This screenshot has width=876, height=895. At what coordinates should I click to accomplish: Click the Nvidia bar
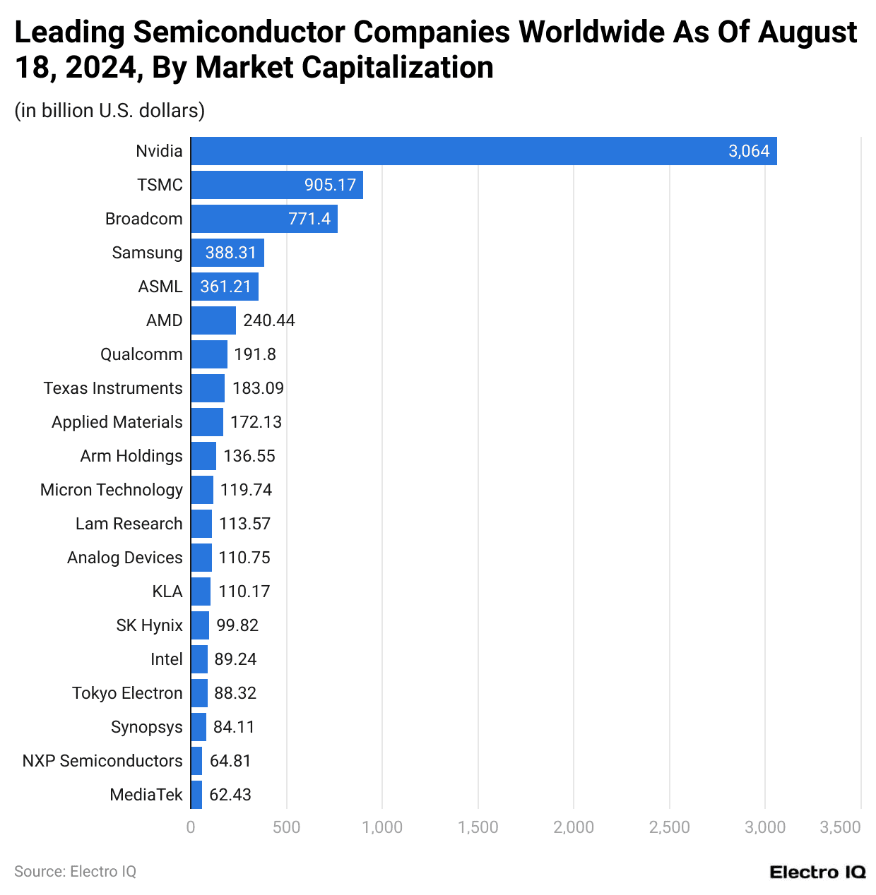483,151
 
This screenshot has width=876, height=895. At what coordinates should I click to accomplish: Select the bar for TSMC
276,185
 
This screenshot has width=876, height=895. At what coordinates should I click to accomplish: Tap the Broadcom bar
264,219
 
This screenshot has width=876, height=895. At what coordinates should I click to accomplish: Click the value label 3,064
748,151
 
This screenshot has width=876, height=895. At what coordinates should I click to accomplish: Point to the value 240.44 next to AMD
268,320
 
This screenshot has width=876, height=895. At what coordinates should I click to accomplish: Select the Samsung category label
147,253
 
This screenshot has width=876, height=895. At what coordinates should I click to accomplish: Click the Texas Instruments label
113,388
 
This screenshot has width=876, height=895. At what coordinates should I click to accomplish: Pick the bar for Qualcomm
209,354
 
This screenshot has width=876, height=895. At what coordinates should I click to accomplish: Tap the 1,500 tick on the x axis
478,827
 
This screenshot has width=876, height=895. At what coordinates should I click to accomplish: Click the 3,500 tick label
840,827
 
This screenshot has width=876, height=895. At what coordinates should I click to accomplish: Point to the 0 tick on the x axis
191,827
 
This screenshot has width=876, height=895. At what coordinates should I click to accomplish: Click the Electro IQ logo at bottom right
817,872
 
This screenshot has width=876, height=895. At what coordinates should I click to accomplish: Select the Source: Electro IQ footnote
75,872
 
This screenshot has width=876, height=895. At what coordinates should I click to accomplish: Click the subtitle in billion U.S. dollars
109,111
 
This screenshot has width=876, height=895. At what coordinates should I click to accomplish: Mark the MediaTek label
146,795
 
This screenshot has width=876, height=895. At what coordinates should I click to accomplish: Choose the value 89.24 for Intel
235,659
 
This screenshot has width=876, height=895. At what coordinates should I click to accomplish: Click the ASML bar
225,287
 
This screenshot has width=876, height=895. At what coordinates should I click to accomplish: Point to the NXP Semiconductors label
102,761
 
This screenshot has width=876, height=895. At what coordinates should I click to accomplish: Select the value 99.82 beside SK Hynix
237,625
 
